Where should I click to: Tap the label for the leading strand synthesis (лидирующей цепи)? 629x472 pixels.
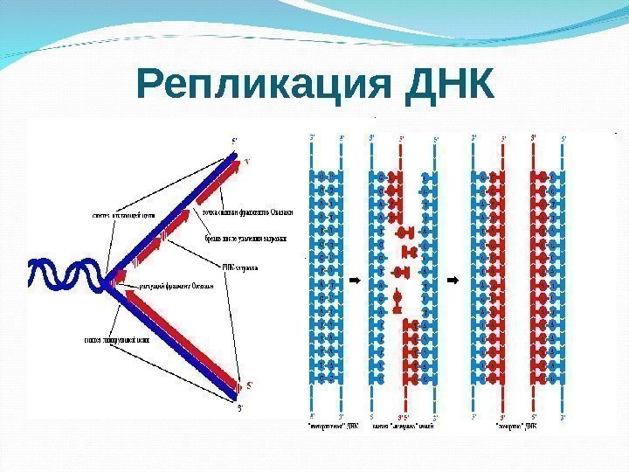pyautogui.click(x=117, y=339)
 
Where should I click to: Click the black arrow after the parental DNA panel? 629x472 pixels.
pyautogui.click(x=355, y=281)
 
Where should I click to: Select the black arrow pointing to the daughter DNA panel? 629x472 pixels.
pyautogui.click(x=453, y=281)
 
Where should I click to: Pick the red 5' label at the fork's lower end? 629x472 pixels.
pyautogui.click(x=251, y=384)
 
